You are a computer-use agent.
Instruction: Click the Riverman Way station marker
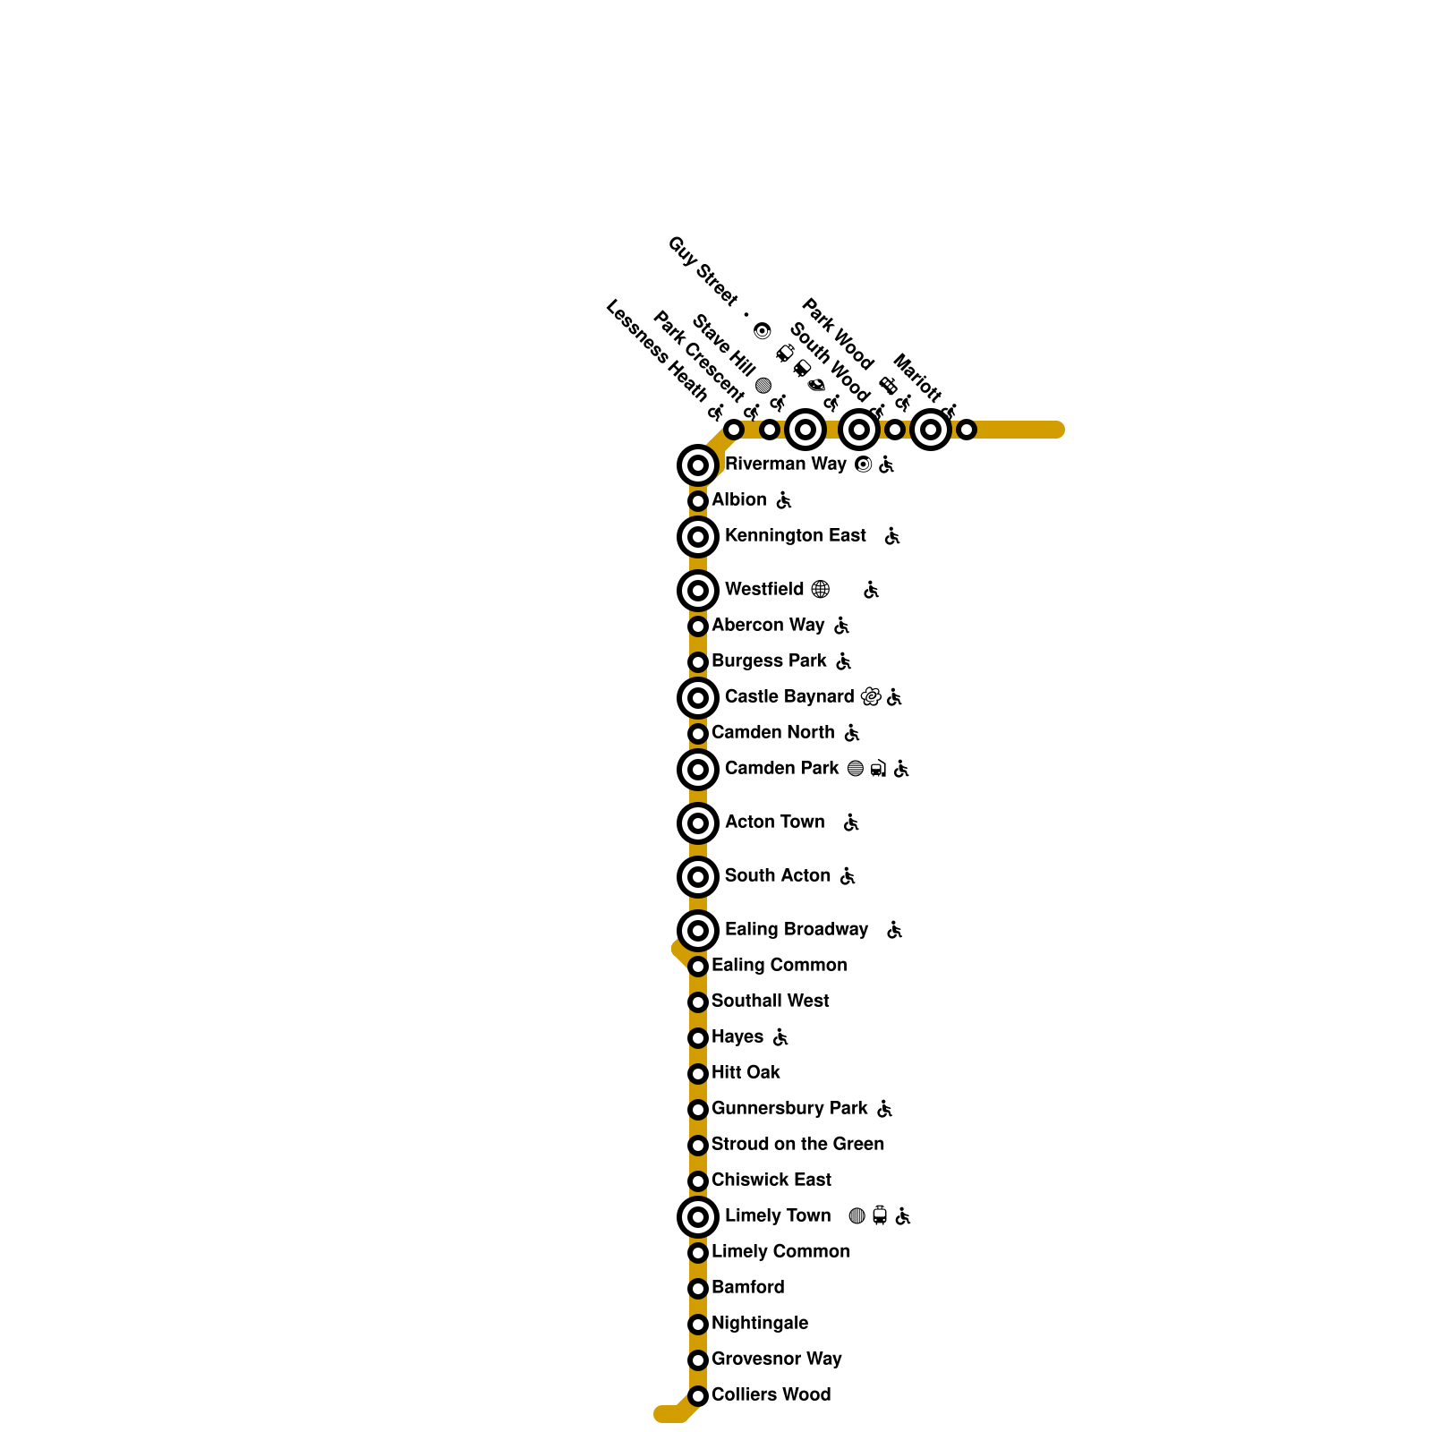pos(698,465)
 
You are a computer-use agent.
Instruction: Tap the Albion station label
pos(738,500)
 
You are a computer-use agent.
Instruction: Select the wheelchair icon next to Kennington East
pos(892,536)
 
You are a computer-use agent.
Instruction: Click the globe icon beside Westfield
pos(820,590)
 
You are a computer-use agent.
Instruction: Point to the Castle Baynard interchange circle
pos(698,698)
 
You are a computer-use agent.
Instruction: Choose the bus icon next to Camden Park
pos(878,769)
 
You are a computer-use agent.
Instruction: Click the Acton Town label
pos(774,823)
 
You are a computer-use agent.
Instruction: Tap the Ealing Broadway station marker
pos(698,931)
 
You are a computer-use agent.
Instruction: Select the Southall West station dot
pos(698,1002)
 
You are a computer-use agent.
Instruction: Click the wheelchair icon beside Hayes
pos(780,1037)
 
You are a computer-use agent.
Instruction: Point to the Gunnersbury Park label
pos(789,1109)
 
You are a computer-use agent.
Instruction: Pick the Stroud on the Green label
pos(797,1145)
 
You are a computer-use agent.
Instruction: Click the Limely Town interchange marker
pos(698,1217)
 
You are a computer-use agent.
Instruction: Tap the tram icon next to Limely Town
pos(880,1216)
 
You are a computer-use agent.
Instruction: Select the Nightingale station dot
pos(698,1325)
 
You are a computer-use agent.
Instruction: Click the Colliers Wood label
pos(771,1395)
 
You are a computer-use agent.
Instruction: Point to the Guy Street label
pos(703,271)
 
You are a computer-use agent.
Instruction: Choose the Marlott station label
pos(917,379)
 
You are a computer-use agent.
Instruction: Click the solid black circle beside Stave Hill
pos(763,386)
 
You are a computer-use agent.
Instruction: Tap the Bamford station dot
pos(698,1289)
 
